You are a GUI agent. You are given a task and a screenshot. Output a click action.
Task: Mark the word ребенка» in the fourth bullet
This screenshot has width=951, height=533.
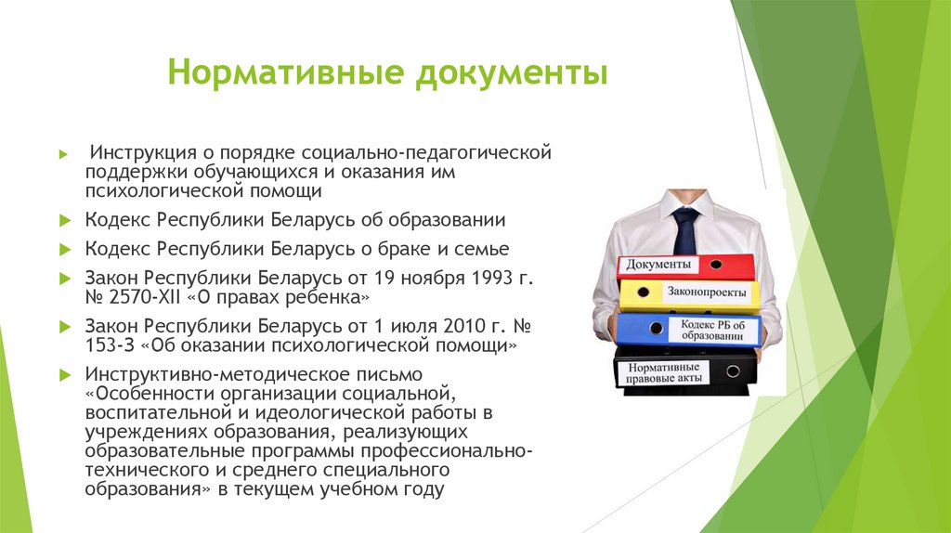330,298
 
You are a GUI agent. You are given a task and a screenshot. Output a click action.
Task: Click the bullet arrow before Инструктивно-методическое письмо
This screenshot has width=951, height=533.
64,375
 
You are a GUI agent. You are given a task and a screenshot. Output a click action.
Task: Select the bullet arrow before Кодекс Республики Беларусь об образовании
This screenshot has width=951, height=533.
64,221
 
